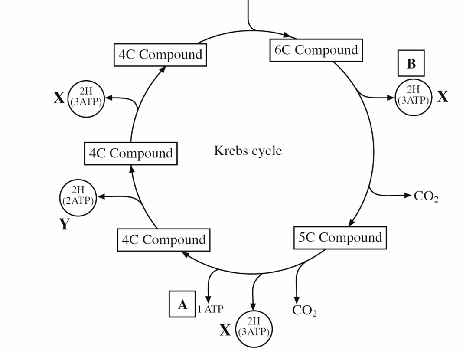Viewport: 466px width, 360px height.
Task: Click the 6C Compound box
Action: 316,50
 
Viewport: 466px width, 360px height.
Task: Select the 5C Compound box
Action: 340,238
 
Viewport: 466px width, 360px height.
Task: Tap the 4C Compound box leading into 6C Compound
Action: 160,55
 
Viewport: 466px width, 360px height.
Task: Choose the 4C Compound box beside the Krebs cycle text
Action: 131,154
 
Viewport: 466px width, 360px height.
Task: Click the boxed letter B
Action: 411,64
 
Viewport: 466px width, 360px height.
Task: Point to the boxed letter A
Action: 182,304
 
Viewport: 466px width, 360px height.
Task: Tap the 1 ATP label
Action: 210,309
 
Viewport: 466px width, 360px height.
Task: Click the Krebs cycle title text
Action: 248,151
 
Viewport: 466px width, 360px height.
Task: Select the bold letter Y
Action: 64,224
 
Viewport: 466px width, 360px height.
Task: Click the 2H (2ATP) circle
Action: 77,197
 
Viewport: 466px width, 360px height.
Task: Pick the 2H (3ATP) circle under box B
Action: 414,97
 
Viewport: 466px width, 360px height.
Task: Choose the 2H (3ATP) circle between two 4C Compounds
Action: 85,98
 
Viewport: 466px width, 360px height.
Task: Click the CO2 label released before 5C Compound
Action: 426,196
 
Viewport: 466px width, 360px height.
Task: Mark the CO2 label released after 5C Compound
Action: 304,311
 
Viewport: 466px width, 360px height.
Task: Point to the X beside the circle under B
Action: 442,97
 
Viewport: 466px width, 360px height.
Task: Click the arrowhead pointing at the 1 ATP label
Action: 209,299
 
